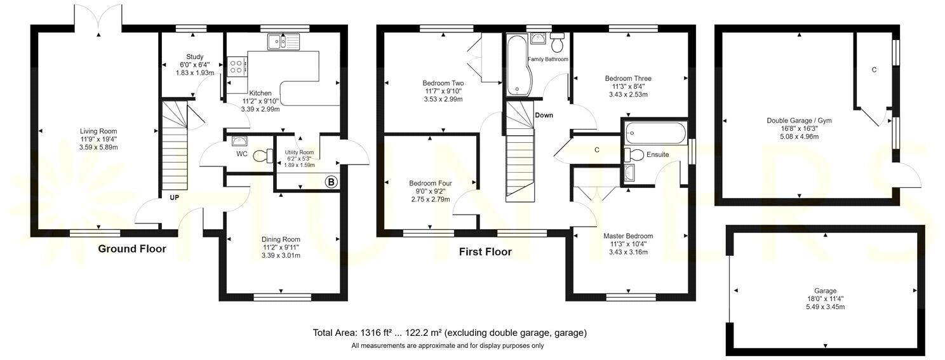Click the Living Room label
[x=99, y=131]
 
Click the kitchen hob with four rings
[x=236, y=67]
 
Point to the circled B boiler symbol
[x=330, y=182]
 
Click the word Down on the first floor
[x=544, y=116]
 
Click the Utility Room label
[x=298, y=152]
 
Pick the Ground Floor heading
[x=132, y=249]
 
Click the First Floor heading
[x=485, y=252]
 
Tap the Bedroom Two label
[x=443, y=83]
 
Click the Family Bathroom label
[x=547, y=60]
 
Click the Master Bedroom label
[x=627, y=236]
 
